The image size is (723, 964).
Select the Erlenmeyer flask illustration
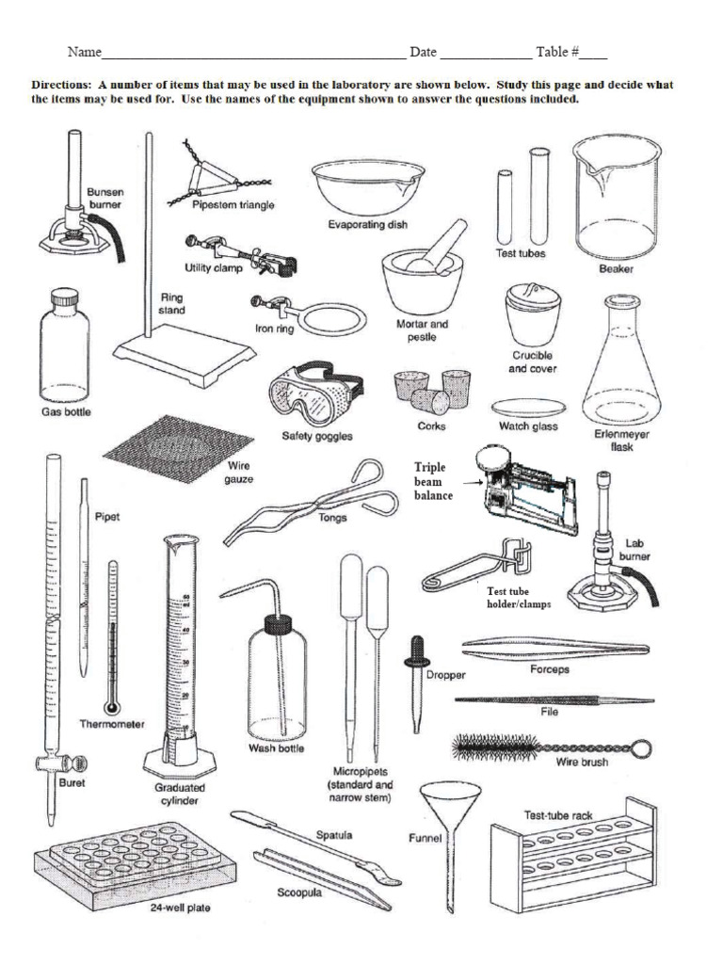click(x=620, y=367)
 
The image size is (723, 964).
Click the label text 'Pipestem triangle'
click(x=233, y=205)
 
